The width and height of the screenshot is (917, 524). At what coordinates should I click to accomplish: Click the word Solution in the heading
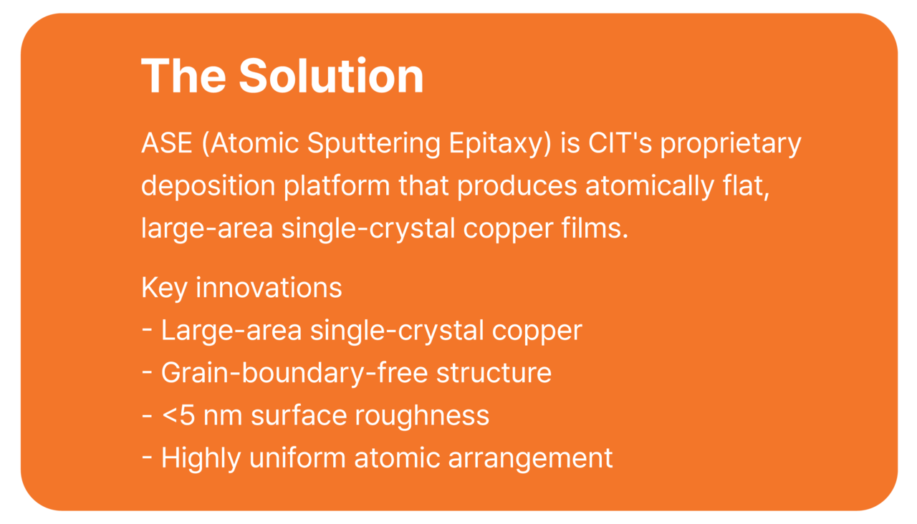[331, 76]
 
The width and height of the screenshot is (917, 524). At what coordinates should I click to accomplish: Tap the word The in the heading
[183, 76]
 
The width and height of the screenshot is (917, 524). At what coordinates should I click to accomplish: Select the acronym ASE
[167, 143]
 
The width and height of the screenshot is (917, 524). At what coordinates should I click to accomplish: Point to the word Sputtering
[373, 144]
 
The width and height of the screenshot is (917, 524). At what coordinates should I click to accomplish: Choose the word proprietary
[731, 145]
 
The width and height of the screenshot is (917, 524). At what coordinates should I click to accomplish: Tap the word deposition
[208, 187]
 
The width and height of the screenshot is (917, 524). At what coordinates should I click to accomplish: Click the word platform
[337, 187]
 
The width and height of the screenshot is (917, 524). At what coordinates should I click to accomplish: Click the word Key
[164, 288]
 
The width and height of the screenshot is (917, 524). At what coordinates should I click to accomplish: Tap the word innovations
[269, 287]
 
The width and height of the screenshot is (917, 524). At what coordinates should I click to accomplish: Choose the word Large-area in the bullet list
[231, 331]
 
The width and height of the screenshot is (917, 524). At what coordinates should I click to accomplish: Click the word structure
[494, 373]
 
